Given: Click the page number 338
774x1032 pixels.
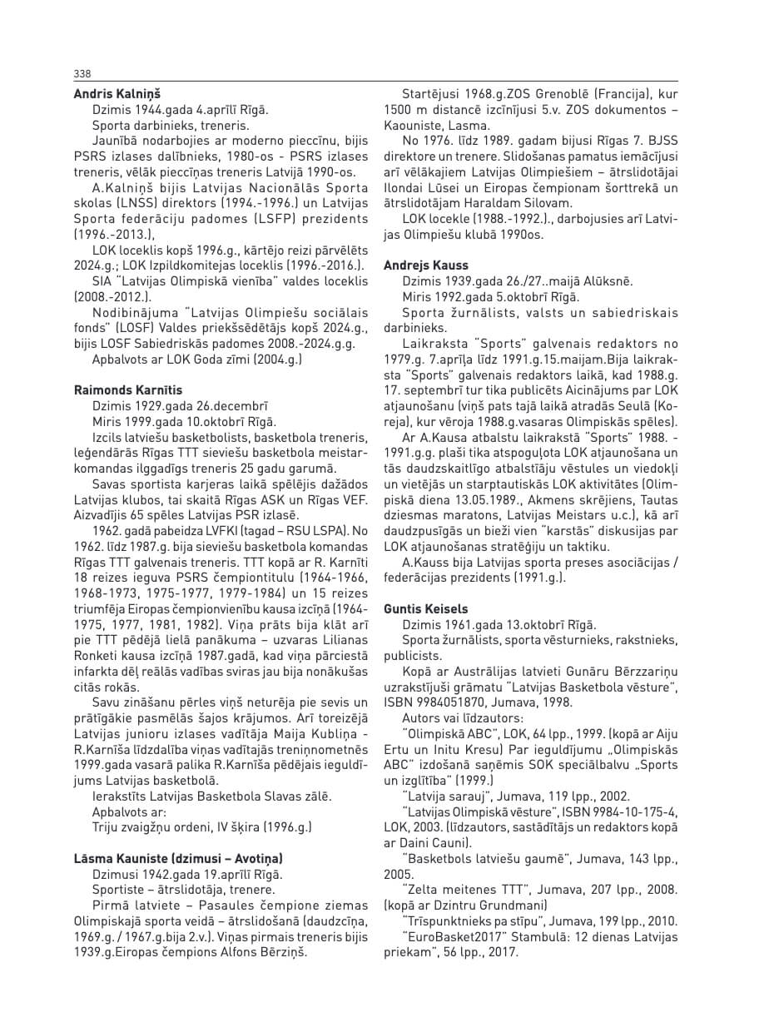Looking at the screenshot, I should point(82,73).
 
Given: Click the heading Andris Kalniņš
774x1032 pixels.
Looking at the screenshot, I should point(117,94).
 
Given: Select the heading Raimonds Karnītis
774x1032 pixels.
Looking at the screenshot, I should point(128,389).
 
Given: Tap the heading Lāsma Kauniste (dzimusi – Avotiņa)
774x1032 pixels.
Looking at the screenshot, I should point(178,858).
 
